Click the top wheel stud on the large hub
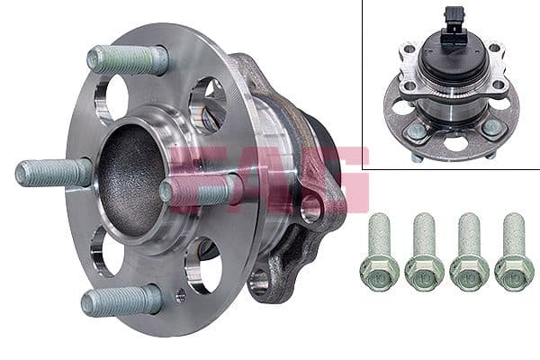[128, 59]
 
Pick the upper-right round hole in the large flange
[207, 103]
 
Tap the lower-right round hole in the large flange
[203, 264]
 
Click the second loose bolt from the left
[423, 252]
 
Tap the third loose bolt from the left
[468, 252]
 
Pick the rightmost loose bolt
[514, 252]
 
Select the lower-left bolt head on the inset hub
[415, 131]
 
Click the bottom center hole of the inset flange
[455, 143]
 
